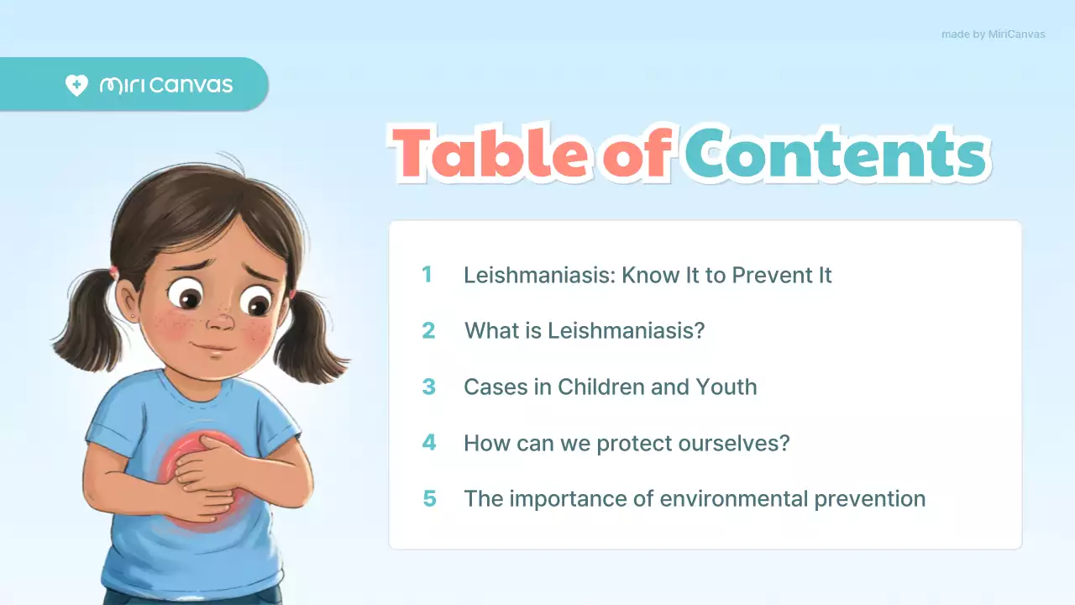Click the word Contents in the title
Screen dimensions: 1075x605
pyautogui.click(x=835, y=154)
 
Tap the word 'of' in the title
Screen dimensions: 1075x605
pyautogui.click(x=636, y=153)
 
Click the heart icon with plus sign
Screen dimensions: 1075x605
pyautogui.click(x=76, y=86)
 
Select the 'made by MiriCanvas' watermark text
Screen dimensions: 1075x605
pyautogui.click(x=993, y=34)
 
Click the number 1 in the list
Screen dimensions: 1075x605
pyautogui.click(x=427, y=275)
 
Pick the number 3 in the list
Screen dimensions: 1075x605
pyautogui.click(x=428, y=387)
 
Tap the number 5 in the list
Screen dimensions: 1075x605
pyautogui.click(x=429, y=498)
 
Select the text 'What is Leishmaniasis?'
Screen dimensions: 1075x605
pyautogui.click(x=585, y=330)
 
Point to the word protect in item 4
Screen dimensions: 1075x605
pyautogui.click(x=633, y=443)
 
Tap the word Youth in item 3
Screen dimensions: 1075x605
pyautogui.click(x=726, y=387)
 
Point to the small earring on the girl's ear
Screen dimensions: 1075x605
pyautogui.click(x=133, y=317)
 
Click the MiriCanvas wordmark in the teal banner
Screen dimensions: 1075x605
pyautogui.click(x=166, y=86)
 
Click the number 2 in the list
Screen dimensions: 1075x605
pyautogui.click(x=428, y=330)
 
